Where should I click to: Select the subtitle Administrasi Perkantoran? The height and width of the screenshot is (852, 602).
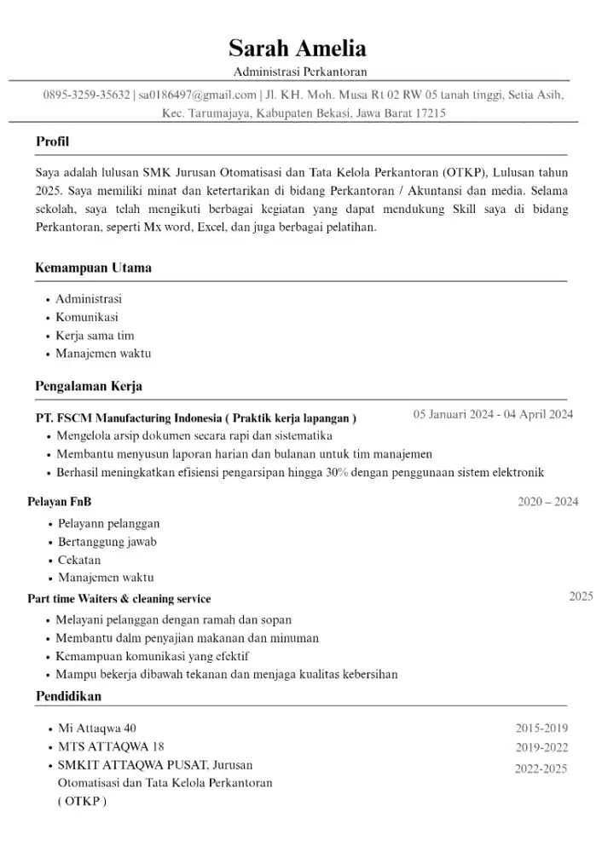(300, 72)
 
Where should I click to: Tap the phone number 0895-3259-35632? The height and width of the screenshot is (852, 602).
(86, 95)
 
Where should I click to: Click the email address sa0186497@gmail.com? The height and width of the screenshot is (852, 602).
(197, 95)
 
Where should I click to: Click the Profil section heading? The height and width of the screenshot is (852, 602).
(52, 141)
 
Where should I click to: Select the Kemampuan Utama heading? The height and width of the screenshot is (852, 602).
(93, 268)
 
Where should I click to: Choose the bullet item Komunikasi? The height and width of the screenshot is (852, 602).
(87, 317)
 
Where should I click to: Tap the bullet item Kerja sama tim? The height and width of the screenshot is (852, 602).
(95, 336)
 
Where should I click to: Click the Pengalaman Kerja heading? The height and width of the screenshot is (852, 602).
(88, 386)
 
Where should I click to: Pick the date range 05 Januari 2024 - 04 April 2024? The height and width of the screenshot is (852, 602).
(493, 415)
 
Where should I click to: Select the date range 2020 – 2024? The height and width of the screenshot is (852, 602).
(547, 502)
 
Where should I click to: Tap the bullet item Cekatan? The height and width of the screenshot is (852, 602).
(79, 560)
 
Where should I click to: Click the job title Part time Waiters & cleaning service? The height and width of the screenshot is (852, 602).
(119, 599)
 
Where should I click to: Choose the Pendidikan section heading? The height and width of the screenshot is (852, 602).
(68, 696)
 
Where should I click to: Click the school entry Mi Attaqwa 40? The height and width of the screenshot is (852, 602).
(96, 728)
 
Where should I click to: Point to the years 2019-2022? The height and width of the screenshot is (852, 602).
(541, 748)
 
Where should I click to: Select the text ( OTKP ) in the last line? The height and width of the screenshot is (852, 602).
(82, 802)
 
